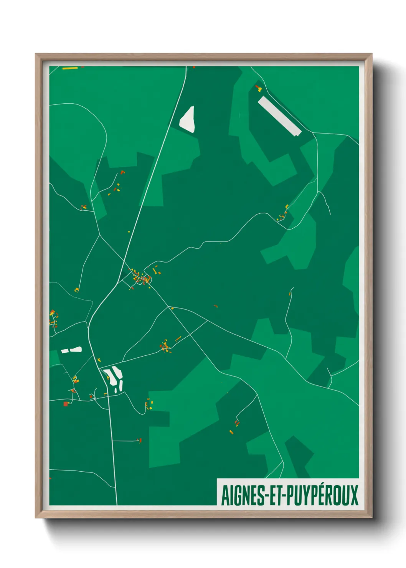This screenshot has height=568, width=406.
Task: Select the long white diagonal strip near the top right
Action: pos(279,116)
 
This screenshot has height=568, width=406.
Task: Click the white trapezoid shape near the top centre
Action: pos(188,120)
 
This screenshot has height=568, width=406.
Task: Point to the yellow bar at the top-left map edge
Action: pos(70,68)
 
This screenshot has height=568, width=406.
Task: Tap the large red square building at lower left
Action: pos(66,404)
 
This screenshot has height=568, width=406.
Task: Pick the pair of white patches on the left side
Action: pos(72,350)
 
